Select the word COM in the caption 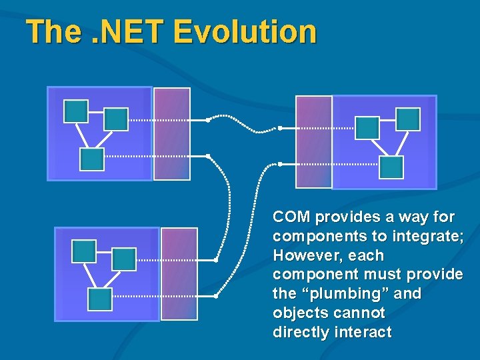(291, 217)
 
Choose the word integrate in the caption (427, 237)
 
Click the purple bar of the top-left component (171, 134)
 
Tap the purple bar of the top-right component (313, 141)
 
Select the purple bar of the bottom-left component (179, 273)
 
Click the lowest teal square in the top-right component (391, 167)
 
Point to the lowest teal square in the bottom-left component (100, 299)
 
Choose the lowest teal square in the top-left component (92, 159)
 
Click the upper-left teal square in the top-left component (76, 111)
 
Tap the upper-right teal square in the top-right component (408, 119)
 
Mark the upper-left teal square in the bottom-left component (85, 251)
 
